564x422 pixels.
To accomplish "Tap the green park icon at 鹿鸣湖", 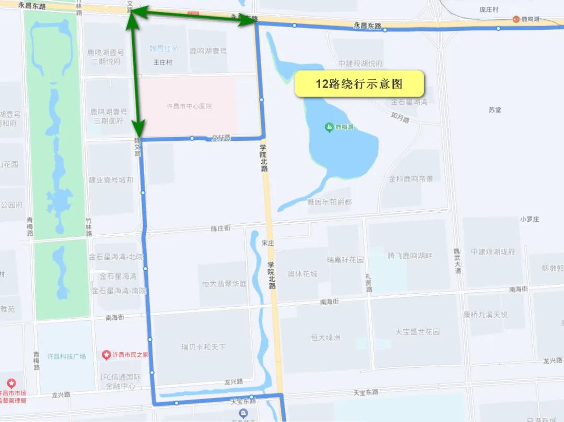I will [329, 127].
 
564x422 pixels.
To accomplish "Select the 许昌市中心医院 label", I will [189, 106].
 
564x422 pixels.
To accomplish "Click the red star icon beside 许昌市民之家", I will [107, 355].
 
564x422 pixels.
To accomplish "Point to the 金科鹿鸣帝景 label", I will [411, 179].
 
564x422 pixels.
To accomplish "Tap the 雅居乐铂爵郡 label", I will [329, 202].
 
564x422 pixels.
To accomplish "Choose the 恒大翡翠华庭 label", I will [225, 284].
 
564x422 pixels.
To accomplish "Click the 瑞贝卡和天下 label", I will [204, 347].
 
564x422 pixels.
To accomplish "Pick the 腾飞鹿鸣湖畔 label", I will [410, 256].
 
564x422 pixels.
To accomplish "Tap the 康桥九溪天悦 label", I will [485, 315].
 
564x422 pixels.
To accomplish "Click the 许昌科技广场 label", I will [66, 356].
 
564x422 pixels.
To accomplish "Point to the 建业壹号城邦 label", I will [111, 180].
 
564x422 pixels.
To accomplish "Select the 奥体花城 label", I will [302, 274].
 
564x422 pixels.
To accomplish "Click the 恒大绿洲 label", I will [325, 337].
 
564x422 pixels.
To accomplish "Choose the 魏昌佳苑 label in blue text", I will [164, 49].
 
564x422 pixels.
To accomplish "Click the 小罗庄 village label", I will [529, 219].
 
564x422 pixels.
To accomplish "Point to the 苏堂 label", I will [495, 110].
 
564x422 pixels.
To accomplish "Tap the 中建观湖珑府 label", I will [492, 252].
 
